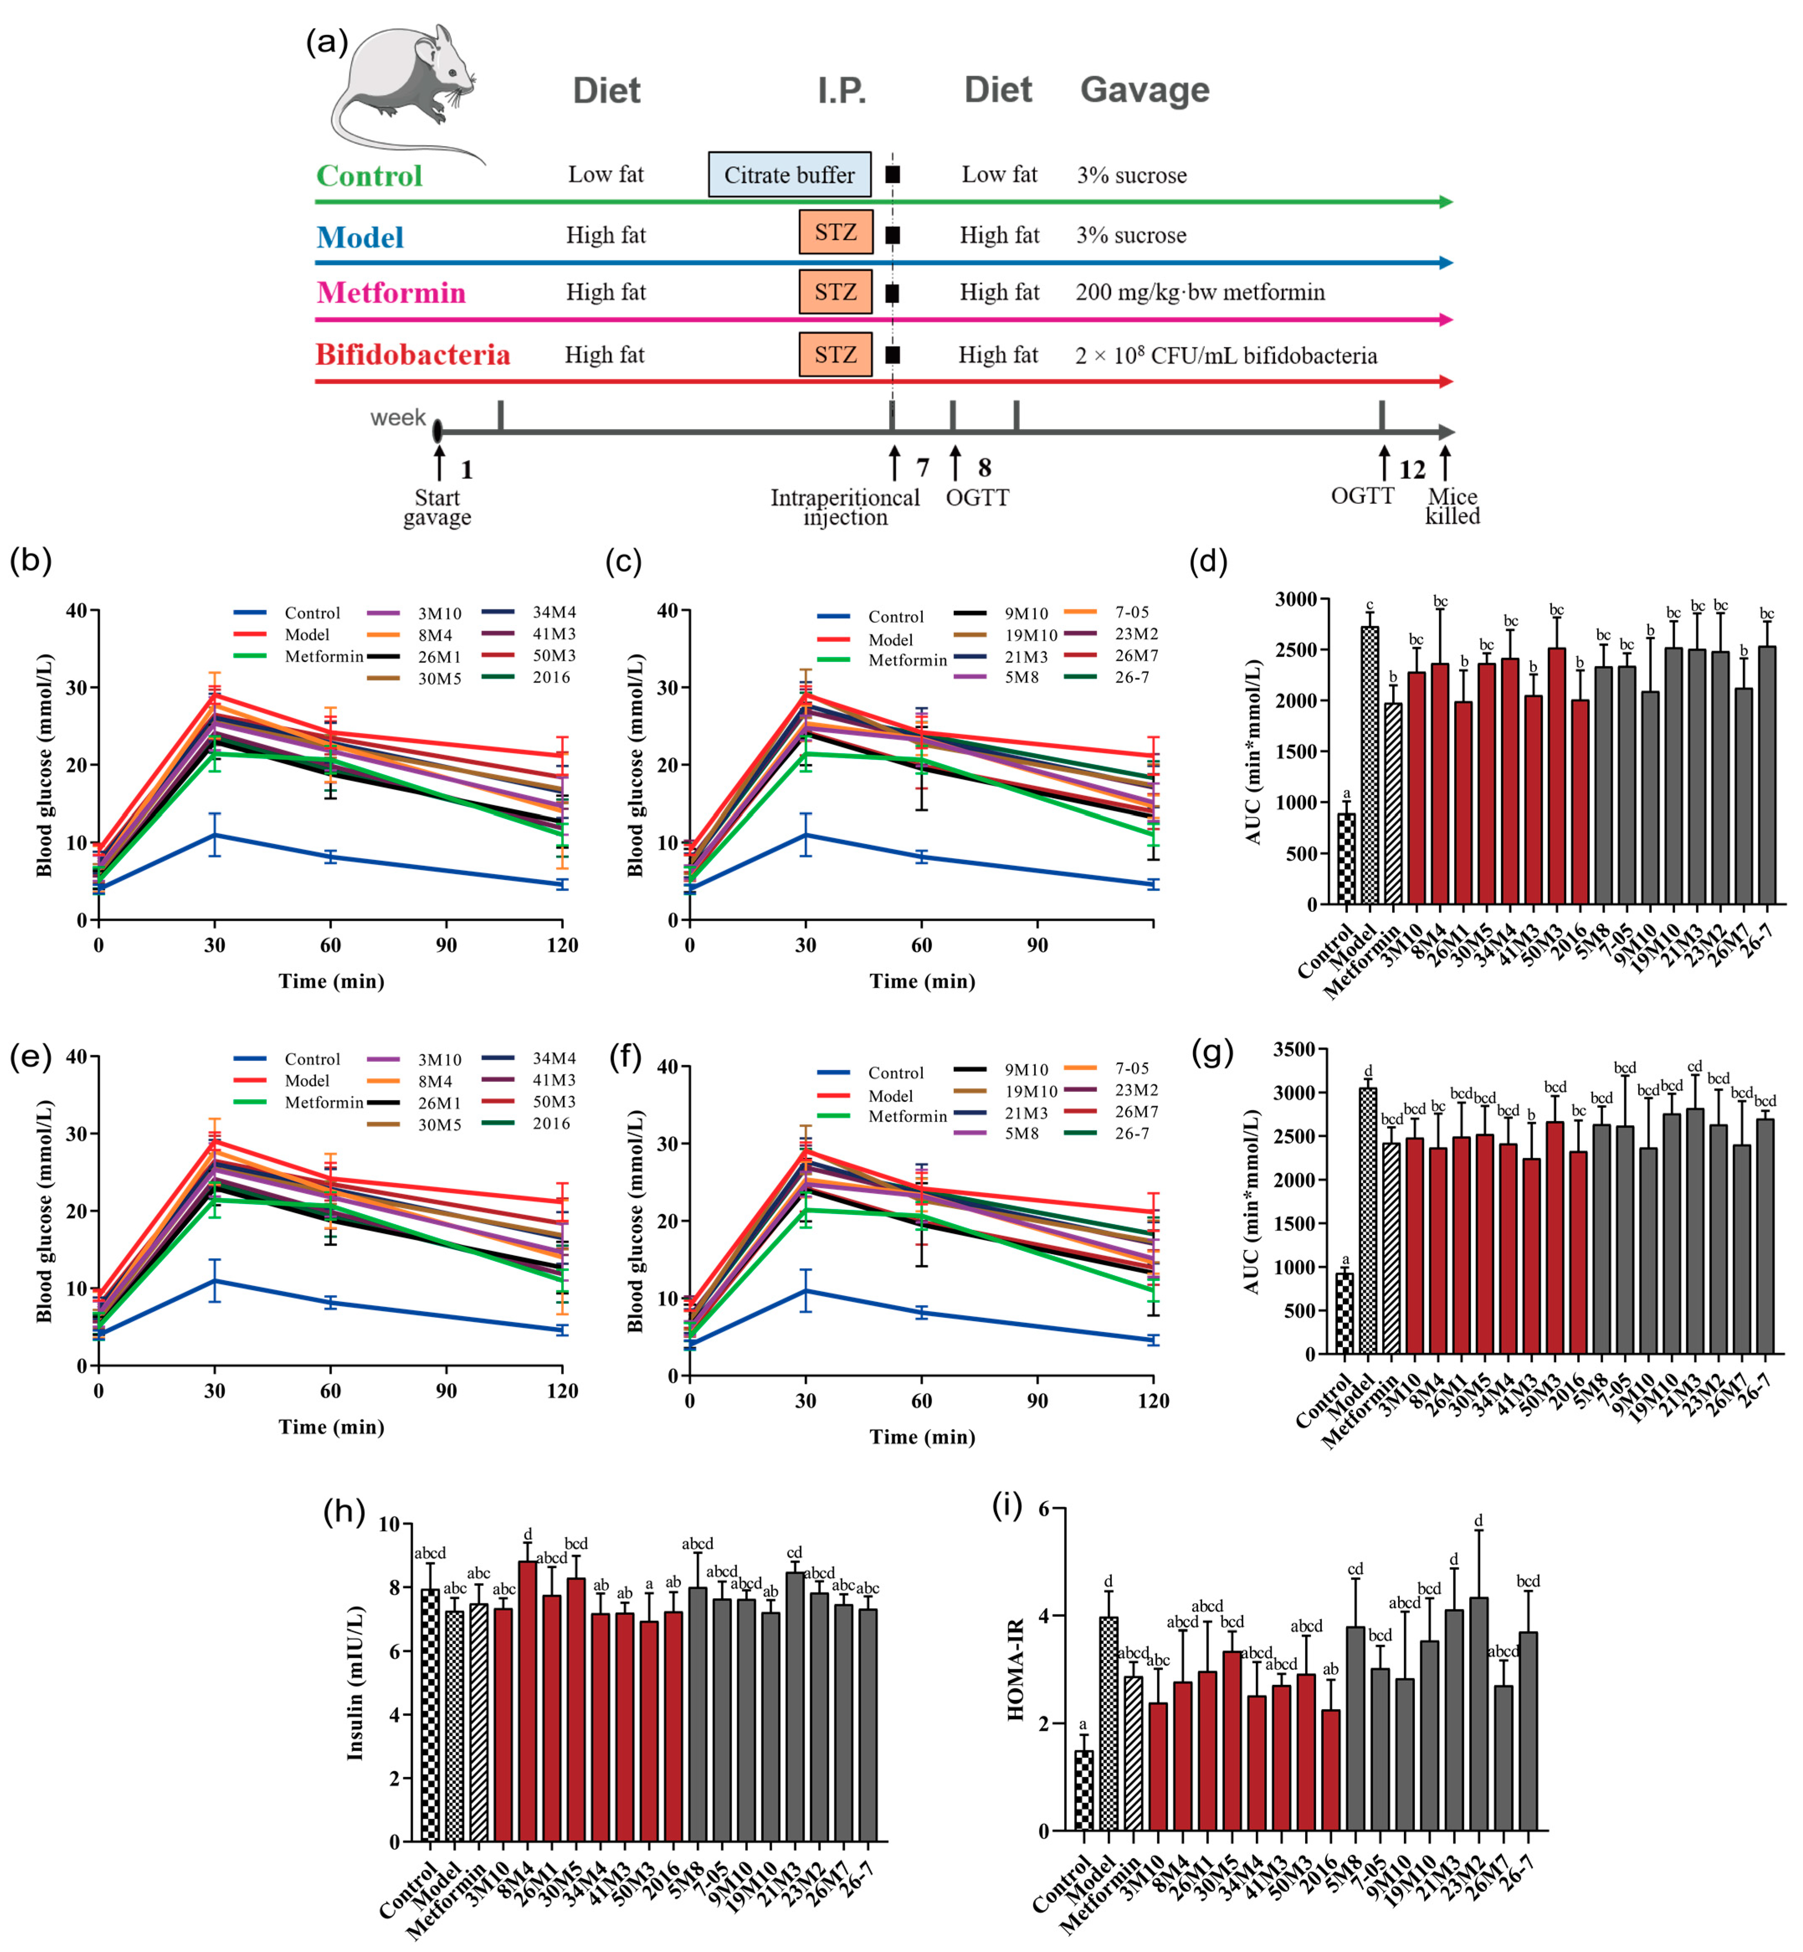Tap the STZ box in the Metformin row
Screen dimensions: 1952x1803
click(x=835, y=292)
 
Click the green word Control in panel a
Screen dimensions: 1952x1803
click(x=369, y=176)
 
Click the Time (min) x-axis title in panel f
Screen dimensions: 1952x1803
click(x=922, y=1437)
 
